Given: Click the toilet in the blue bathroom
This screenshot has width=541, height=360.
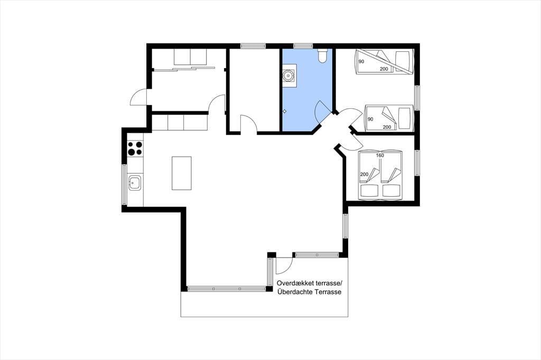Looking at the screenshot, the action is pos(322,55).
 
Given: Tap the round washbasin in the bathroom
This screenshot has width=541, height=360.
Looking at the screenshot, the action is pos(287,74).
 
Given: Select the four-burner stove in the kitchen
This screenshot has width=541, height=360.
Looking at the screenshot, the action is pos(135,148).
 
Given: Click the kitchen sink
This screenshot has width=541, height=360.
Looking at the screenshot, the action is pos(134,183).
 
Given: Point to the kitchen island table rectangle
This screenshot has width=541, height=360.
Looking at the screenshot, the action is pos(182,173).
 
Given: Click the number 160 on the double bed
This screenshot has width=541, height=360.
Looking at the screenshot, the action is pos(380,156).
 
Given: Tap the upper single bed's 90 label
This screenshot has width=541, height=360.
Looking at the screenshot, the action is pos(361,62).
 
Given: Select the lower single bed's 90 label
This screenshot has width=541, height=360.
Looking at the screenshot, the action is pos(370,119).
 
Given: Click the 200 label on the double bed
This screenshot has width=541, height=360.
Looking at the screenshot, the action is pos(365,175).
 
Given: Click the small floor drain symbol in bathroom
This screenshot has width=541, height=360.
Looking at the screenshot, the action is pos(285,111).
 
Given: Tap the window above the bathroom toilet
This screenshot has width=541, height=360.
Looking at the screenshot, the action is pos(303,45).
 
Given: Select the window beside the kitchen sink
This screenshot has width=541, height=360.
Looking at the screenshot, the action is pos(124,184).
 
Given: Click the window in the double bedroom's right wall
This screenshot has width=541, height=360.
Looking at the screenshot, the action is pos(417,163).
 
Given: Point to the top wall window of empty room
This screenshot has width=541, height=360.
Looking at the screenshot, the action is pos(253,45).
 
